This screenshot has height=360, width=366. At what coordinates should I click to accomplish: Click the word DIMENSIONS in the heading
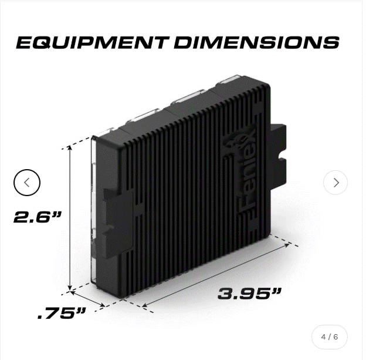click(257, 42)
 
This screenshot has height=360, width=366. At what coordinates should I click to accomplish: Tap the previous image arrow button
click(27, 183)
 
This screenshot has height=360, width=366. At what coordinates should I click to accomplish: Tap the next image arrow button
click(335, 183)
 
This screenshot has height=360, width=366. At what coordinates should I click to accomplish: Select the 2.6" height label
click(38, 217)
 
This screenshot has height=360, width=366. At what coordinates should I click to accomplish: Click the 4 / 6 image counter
click(330, 337)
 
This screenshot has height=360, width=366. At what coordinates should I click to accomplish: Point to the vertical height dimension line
click(70, 217)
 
